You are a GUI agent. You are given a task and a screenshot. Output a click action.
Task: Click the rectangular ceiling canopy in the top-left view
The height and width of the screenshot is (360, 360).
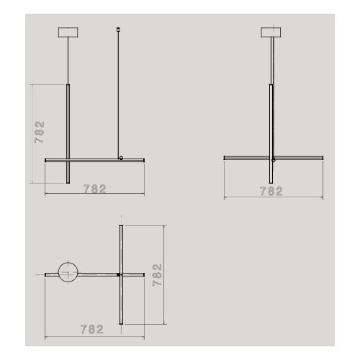point(68,32)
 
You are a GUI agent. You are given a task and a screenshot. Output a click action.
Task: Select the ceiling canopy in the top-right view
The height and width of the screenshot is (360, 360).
point(272,32)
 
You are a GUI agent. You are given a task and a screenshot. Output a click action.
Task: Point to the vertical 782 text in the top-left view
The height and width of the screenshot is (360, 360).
point(40,133)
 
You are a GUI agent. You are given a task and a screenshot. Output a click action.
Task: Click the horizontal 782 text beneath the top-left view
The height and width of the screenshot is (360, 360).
point(94,189)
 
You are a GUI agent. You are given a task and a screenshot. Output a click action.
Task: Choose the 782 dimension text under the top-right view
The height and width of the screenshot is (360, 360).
point(271,191)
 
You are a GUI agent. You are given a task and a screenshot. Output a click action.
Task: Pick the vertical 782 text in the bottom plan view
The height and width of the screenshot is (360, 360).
point(158,274)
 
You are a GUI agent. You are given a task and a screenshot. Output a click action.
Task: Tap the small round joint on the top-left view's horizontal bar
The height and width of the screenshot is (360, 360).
point(121,157)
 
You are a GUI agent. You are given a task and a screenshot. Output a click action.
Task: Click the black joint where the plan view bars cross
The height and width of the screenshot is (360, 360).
point(118,274)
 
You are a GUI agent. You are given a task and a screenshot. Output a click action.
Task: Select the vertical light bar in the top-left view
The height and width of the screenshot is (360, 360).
point(68,133)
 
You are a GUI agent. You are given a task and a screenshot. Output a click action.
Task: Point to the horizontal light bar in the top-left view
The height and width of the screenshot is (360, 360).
point(94,159)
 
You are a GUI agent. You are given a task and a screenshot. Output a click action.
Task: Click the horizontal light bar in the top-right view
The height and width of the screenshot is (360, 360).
point(245,157)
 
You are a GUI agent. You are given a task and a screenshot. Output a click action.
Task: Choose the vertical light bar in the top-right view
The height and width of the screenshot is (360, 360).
point(272,133)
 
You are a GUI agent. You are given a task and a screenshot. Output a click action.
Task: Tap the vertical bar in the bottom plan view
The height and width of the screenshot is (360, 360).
point(121,245)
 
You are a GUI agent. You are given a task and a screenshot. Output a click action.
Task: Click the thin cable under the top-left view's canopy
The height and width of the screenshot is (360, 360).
point(68,61)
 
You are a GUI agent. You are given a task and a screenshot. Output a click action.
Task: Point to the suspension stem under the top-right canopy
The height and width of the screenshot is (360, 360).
point(272,61)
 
